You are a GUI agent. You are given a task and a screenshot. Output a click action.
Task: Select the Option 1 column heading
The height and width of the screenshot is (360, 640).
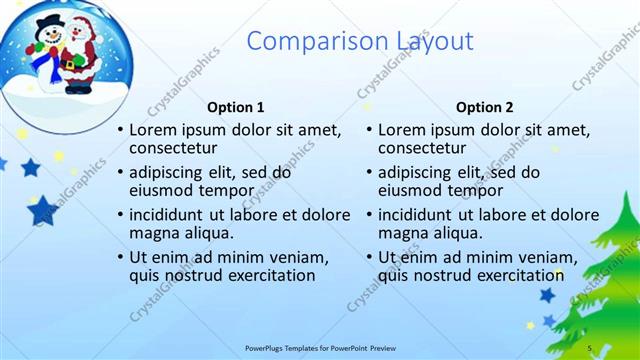click(236, 107)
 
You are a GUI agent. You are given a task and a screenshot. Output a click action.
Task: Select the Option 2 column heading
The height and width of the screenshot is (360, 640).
click(484, 107)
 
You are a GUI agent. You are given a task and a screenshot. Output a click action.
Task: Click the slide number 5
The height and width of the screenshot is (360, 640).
click(590, 347)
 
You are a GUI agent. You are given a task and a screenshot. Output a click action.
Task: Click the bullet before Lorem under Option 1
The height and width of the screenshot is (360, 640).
click(121, 131)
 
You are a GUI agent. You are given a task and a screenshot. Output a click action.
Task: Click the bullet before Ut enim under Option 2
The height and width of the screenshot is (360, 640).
click(369, 257)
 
